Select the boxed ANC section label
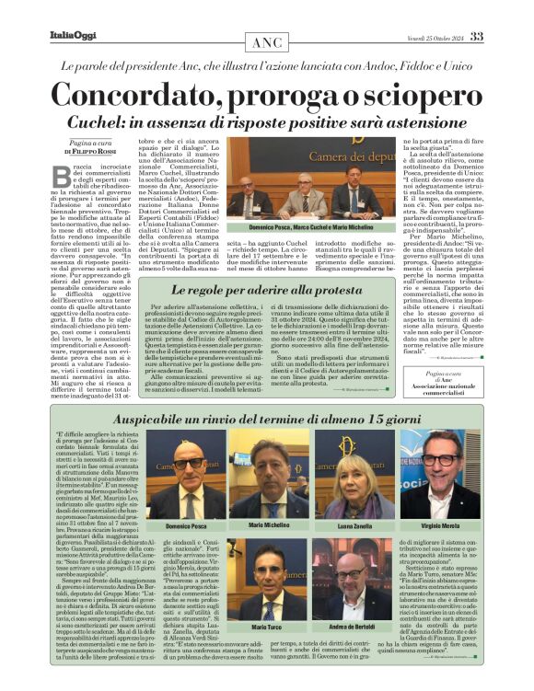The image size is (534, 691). coord(267,44)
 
